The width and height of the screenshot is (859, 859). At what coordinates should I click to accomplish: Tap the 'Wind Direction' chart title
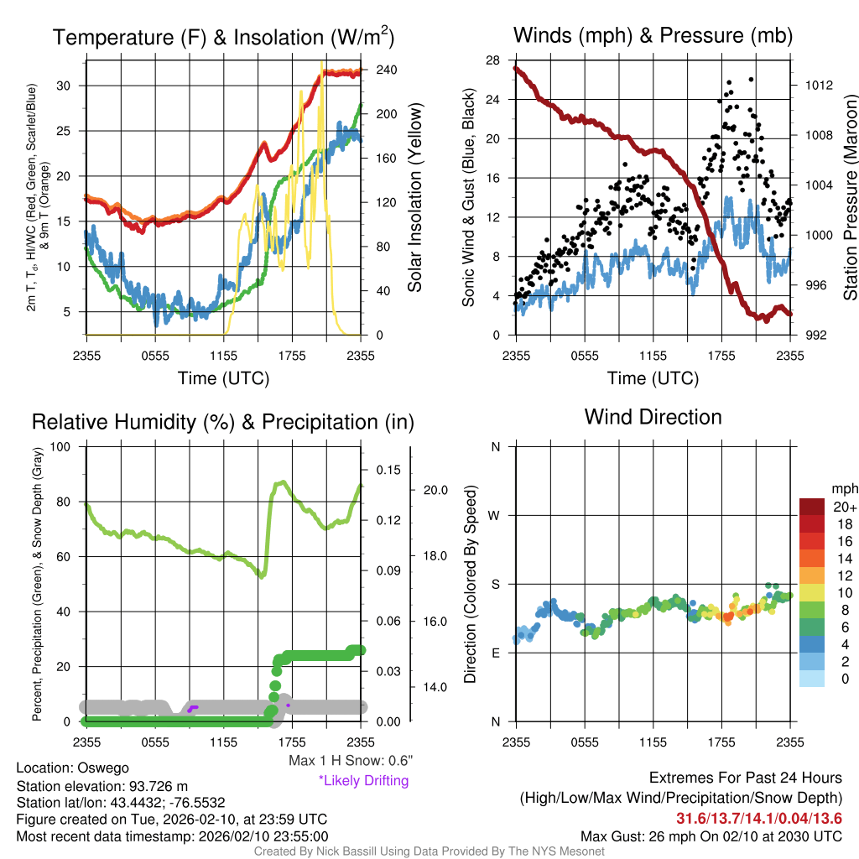pyautogui.click(x=653, y=417)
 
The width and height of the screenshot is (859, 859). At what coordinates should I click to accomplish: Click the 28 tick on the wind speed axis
pyautogui.click(x=492, y=60)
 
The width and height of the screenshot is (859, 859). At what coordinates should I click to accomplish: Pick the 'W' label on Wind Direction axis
pyautogui.click(x=495, y=515)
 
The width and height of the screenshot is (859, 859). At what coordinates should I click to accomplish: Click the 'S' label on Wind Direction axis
pyautogui.click(x=495, y=584)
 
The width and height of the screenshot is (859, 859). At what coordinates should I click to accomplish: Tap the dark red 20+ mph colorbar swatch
pyautogui.click(x=814, y=508)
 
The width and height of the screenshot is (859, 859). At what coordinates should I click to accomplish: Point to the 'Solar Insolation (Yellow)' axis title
pyautogui.click(x=414, y=198)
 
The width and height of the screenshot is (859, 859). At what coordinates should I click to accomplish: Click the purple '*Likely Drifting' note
pyautogui.click(x=363, y=780)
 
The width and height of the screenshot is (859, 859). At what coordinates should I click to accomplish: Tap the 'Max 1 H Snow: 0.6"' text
pyautogui.click(x=350, y=760)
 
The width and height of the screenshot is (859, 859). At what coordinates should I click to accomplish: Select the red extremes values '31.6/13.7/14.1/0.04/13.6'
pyautogui.click(x=759, y=818)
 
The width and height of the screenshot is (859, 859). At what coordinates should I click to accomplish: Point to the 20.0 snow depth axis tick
pyautogui.click(x=439, y=490)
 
